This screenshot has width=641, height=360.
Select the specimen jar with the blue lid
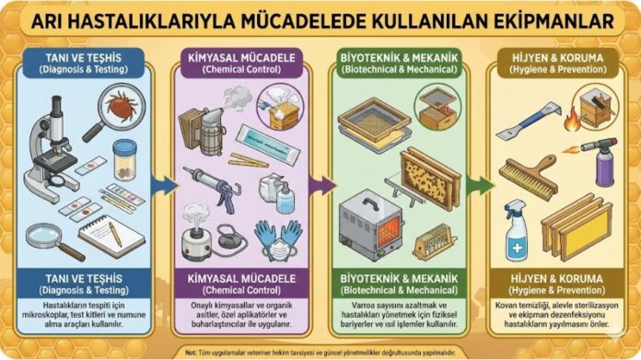(124, 157)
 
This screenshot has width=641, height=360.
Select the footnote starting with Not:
(320, 351)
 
